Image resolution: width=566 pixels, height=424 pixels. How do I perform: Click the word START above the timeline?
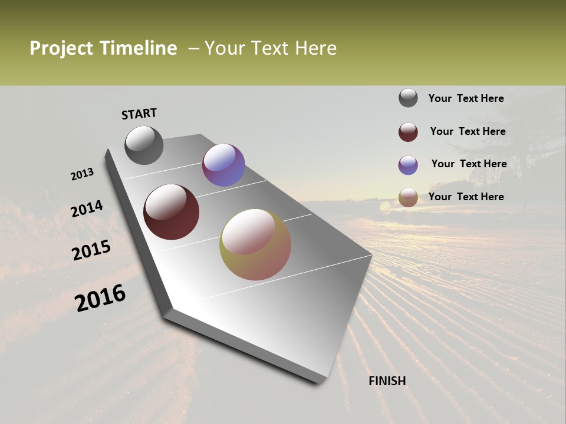click(139, 114)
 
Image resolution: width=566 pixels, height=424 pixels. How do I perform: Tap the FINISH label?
click(387, 381)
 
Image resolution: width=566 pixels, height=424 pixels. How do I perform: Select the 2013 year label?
click(83, 174)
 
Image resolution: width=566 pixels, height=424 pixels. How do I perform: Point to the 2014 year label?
click(87, 209)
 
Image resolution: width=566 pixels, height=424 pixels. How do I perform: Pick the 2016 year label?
click(100, 298)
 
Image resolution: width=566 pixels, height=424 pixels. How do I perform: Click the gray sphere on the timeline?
click(144, 145)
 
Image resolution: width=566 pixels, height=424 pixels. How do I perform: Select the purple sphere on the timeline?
click(223, 165)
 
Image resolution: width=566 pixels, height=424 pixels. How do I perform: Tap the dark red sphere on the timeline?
click(172, 212)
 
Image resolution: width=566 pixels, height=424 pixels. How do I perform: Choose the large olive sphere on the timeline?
click(255, 244)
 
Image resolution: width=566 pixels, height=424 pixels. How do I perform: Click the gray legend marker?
click(408, 98)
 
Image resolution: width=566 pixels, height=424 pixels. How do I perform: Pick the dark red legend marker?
click(408, 132)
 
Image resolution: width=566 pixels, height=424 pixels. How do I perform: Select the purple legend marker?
click(408, 165)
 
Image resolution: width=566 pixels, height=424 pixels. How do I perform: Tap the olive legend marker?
click(408, 197)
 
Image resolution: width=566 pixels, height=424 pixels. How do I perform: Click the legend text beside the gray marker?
click(466, 99)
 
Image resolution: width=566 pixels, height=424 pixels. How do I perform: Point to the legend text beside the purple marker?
click(469, 164)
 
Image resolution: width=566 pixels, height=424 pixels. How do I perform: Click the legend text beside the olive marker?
click(466, 197)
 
